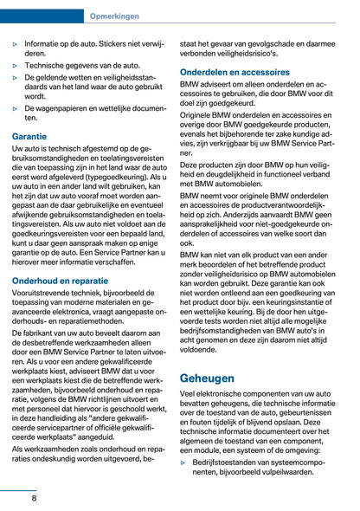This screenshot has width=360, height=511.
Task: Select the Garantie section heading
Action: click(x=30, y=137)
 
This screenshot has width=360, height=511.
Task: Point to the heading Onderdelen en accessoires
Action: click(x=235, y=72)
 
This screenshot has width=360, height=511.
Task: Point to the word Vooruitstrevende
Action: click(x=46, y=296)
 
